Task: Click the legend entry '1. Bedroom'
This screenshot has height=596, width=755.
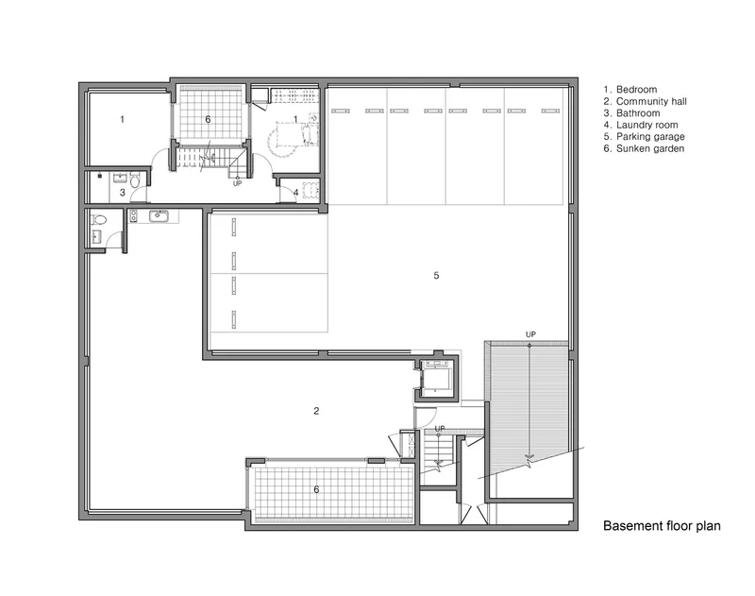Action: click(630, 90)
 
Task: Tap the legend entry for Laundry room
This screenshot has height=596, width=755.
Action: click(641, 126)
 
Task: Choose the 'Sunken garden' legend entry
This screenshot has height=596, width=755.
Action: click(644, 149)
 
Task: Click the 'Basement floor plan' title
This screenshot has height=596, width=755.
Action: click(663, 526)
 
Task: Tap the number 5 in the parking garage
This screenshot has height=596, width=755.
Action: click(436, 276)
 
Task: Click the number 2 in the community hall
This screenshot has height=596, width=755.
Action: click(316, 411)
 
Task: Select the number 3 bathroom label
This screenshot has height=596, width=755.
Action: click(123, 193)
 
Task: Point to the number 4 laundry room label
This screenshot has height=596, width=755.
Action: click(296, 193)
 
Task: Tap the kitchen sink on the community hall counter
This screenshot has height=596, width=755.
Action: click(158, 216)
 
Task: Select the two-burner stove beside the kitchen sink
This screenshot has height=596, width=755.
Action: click(133, 216)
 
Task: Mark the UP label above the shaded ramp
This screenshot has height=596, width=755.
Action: click(530, 334)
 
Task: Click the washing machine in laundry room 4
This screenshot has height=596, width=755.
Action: click(310, 189)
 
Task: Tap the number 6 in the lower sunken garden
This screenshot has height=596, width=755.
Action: click(316, 489)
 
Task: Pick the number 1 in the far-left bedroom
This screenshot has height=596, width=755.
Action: click(123, 119)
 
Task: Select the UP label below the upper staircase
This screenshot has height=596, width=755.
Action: click(238, 183)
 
